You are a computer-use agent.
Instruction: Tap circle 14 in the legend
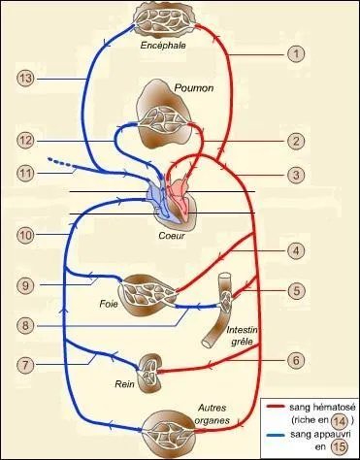tap(339, 420)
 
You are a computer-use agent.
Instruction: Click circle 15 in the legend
tap(339, 447)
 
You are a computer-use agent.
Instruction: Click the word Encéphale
tap(162, 45)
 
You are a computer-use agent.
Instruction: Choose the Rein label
tap(123, 383)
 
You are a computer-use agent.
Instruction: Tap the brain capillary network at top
tap(162, 17)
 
